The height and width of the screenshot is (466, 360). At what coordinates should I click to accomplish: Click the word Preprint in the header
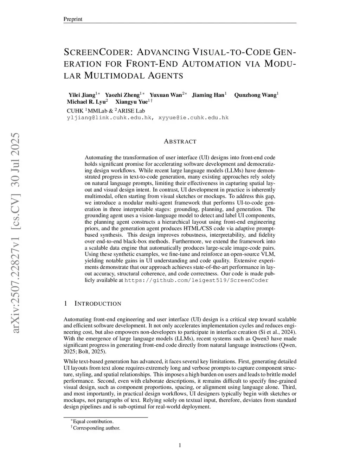(x=72, y=19)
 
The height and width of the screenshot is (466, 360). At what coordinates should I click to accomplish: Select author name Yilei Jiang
(x=82, y=95)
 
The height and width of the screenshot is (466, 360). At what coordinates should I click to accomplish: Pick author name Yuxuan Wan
(x=166, y=95)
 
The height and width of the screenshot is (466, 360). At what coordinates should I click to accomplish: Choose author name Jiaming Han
(x=208, y=95)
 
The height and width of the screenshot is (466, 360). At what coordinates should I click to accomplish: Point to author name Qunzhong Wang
(x=255, y=95)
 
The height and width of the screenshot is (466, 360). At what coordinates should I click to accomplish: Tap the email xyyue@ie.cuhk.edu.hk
(x=194, y=117)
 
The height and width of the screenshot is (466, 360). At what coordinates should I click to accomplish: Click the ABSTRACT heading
(x=180, y=142)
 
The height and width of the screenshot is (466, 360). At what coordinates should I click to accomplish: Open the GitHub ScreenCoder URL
(x=197, y=280)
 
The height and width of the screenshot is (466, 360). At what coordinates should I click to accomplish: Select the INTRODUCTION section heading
(x=98, y=304)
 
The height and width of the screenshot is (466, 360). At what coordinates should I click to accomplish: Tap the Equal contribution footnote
(x=93, y=421)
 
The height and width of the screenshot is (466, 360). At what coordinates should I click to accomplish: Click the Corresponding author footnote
(x=96, y=428)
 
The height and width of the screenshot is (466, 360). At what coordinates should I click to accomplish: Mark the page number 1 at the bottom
(x=180, y=446)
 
